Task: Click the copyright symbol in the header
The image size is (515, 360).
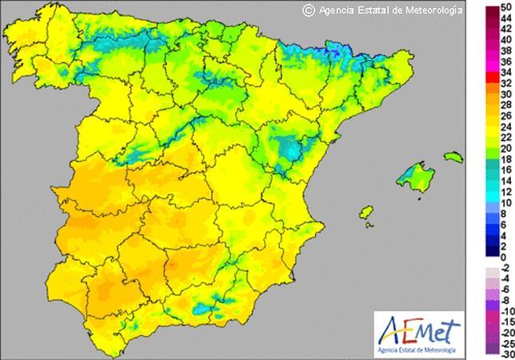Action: click(x=308, y=10)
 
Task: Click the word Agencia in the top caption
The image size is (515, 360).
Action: click(x=337, y=10)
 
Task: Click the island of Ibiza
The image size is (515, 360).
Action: click(x=411, y=214)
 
